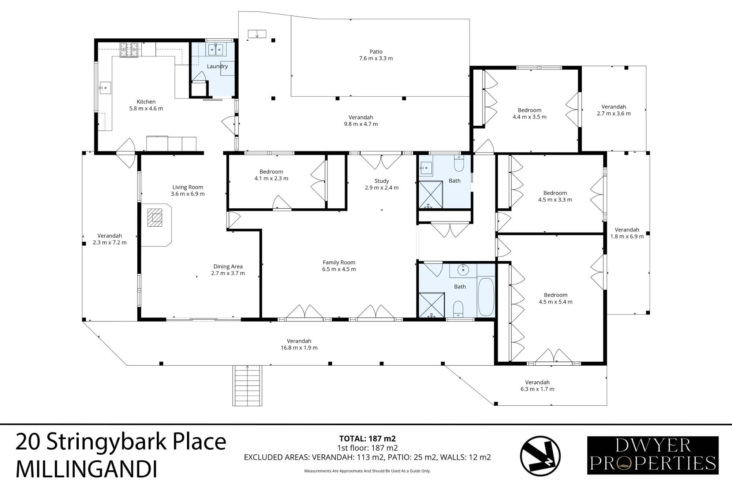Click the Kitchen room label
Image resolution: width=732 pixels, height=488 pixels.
tap(146, 102)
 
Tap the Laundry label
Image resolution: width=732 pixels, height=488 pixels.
tap(217, 66)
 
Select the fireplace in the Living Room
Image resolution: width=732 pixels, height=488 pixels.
tap(154, 217)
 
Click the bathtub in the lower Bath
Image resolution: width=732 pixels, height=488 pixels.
tap(486, 297)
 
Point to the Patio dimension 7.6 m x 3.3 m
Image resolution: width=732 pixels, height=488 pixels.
tap(376, 58)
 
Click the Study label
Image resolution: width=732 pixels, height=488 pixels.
tap(382, 181)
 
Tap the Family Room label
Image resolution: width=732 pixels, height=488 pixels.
tap(339, 262)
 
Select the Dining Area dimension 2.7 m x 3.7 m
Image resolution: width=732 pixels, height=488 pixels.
tap(228, 273)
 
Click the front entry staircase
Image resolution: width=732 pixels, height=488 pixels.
tap(247, 385)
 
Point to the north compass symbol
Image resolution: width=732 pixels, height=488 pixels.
tap(540, 456)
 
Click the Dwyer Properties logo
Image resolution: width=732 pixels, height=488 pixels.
tap(653, 455)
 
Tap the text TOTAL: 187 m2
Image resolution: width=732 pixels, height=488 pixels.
tap(367, 439)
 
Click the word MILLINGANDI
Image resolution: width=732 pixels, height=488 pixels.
tap(86, 469)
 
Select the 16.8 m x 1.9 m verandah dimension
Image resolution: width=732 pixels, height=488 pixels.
tap(299, 348)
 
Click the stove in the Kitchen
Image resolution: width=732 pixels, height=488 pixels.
tap(129, 50)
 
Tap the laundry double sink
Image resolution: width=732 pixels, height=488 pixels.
tap(216, 49)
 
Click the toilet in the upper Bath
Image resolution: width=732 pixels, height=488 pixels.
tap(459, 163)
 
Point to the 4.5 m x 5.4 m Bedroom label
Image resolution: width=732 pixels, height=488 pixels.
tap(556, 298)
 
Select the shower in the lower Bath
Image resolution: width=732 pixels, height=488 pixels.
tap(432, 305)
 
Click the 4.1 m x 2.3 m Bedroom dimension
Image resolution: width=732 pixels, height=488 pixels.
tap(271, 179)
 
